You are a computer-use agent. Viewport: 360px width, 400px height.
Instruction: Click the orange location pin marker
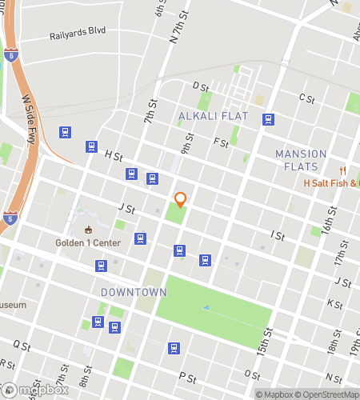point(181,200)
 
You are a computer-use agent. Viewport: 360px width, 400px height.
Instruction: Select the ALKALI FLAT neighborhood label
point(214,117)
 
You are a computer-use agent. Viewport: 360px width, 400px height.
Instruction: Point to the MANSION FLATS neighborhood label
point(301,160)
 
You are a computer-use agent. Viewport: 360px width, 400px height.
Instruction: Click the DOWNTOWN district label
point(134,293)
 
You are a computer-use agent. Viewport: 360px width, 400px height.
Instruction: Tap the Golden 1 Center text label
point(88,243)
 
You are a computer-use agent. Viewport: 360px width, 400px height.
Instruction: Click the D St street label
point(200,86)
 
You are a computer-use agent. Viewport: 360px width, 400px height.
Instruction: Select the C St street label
point(306,98)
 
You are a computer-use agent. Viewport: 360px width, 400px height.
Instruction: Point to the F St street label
point(222,142)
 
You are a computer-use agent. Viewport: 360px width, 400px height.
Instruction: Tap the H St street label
point(113,155)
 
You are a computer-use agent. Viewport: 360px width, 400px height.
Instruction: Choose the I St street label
point(278,235)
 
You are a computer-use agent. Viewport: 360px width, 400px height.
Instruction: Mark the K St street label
point(334,305)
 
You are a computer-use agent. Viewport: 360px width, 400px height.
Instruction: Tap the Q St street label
point(22,346)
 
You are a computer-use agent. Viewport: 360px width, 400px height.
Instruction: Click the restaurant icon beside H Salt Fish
point(342,170)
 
